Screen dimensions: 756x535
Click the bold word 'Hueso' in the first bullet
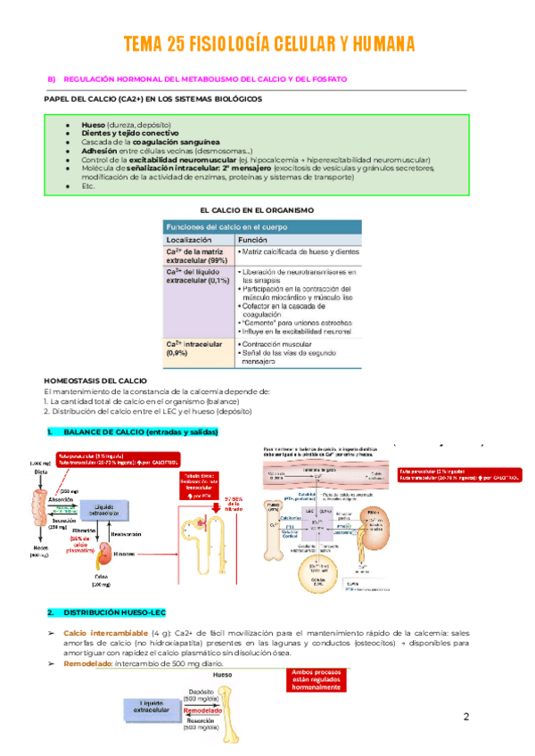click(x=94, y=126)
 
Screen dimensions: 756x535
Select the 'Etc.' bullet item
click(x=87, y=185)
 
